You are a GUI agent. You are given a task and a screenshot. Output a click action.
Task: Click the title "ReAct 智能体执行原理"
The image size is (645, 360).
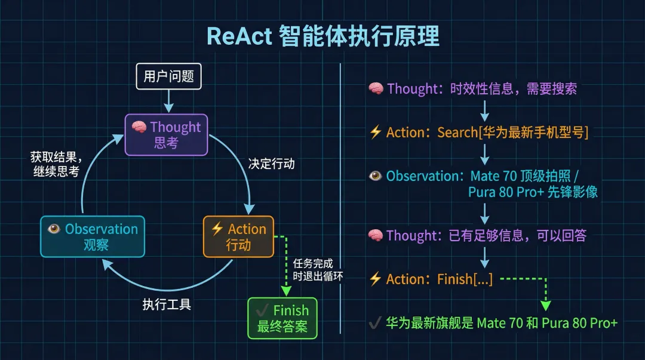click(x=322, y=36)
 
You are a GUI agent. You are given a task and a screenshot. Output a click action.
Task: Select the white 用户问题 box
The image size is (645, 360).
click(x=168, y=76)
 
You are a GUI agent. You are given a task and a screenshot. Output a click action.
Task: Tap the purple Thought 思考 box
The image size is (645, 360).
click(x=166, y=134)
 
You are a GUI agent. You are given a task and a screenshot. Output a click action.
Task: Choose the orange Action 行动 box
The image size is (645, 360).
click(x=238, y=237)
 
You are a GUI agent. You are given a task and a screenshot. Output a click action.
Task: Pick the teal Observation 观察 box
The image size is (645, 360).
click(x=93, y=236)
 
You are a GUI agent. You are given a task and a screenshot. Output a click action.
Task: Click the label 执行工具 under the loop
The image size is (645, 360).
click(x=167, y=304)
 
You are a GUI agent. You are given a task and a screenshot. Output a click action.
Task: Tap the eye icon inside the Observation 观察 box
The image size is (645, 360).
click(x=54, y=229)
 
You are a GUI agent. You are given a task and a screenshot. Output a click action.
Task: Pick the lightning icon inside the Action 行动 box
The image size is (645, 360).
click(x=217, y=229)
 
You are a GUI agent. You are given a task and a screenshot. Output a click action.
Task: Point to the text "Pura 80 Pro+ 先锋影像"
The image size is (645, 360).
click(x=533, y=192)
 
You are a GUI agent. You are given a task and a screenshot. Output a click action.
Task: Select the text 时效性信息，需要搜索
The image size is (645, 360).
click(x=517, y=89)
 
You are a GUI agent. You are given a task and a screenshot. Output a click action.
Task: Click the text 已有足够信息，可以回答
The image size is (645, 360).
click(x=517, y=235)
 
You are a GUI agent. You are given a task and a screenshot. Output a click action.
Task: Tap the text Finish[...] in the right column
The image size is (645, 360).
click(x=465, y=279)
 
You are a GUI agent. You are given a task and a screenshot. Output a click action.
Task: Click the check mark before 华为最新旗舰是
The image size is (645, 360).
click(x=375, y=323)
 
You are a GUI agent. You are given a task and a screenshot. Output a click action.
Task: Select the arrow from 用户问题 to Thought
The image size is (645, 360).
click(x=168, y=101)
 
